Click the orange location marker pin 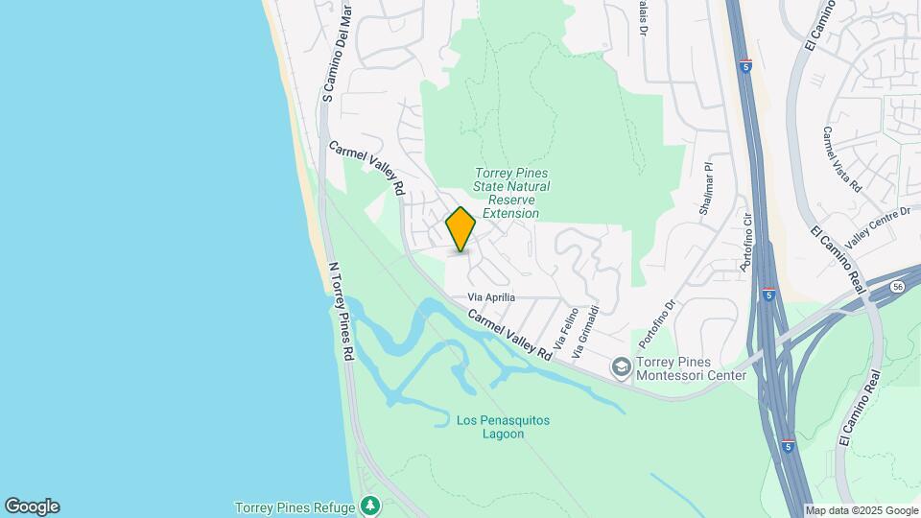point(461,229)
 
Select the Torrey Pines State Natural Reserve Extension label point(511,193)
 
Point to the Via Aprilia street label point(492,297)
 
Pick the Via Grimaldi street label point(586,332)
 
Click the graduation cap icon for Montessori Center point(621,367)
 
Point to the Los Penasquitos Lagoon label point(489,427)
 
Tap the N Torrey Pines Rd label point(341,311)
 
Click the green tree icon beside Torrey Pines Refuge point(369,506)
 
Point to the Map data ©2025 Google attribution point(861,510)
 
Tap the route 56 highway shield point(896,286)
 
